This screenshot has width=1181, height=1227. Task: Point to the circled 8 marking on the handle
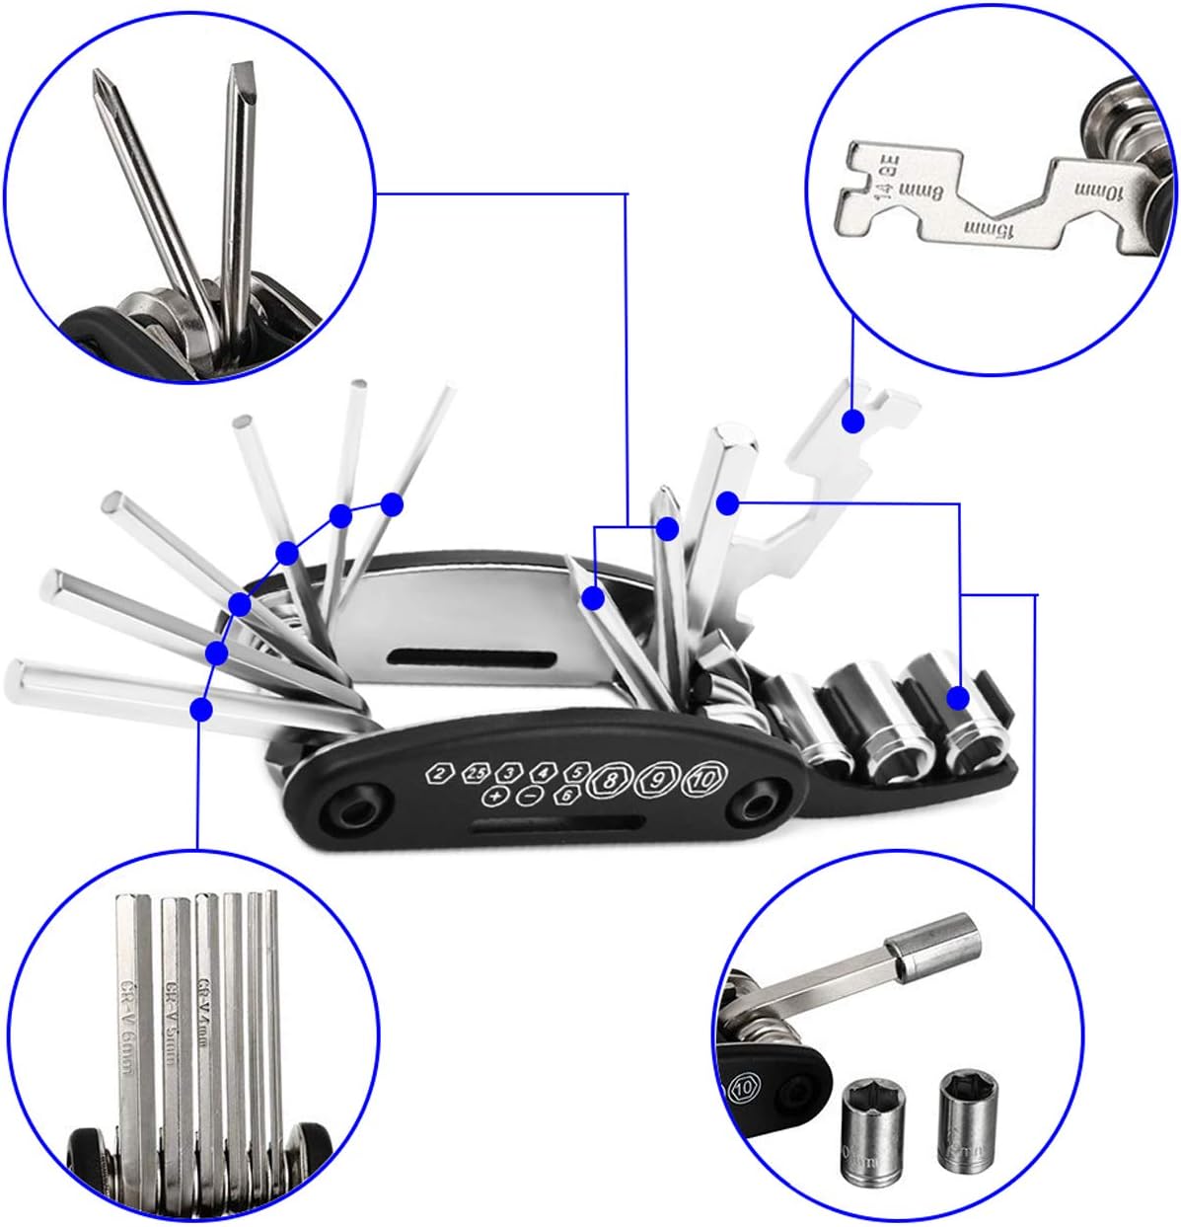(610, 780)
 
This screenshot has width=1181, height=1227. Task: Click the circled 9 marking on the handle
(656, 780)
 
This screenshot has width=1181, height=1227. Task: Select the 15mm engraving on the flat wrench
(988, 231)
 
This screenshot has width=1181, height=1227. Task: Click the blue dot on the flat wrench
(853, 421)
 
